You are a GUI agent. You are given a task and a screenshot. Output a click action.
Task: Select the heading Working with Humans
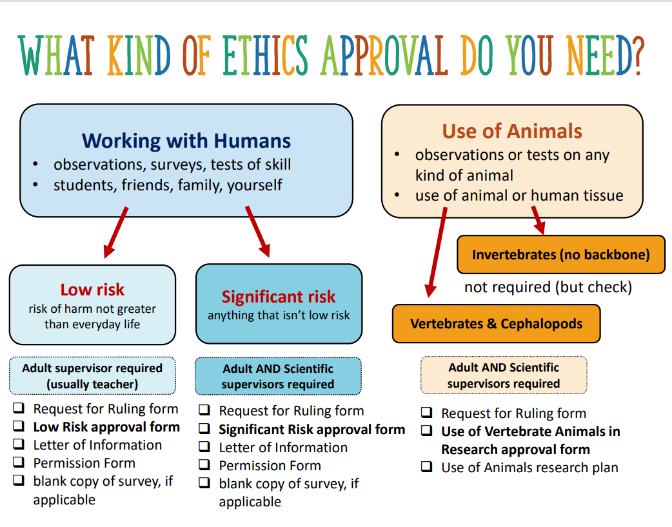186,141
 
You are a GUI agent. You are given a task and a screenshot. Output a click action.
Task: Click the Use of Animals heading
512,132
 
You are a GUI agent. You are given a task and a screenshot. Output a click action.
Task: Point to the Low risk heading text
92,290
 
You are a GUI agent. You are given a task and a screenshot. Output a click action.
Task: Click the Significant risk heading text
279,297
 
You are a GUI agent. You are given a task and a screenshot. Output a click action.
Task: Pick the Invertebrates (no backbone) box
560,254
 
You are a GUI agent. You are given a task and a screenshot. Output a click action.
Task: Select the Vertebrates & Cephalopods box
496,324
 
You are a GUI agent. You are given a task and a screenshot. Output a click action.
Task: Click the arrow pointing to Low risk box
115,233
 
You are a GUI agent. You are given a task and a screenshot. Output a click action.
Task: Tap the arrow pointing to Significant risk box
257,232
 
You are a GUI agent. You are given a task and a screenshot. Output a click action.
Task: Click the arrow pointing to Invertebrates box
537,220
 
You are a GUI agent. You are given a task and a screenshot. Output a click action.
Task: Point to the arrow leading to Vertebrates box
437,252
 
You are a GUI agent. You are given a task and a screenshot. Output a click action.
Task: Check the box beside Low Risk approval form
19,427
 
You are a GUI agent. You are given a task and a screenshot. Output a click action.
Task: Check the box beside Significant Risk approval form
204,429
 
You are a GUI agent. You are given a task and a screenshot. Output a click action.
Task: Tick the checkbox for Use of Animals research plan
426,467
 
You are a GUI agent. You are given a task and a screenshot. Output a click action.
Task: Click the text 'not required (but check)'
548,287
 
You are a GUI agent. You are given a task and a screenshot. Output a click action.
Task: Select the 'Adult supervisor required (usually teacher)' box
92,376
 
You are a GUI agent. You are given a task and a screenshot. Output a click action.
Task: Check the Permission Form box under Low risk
19,462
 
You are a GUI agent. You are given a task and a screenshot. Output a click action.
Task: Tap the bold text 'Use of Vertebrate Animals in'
530,432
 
